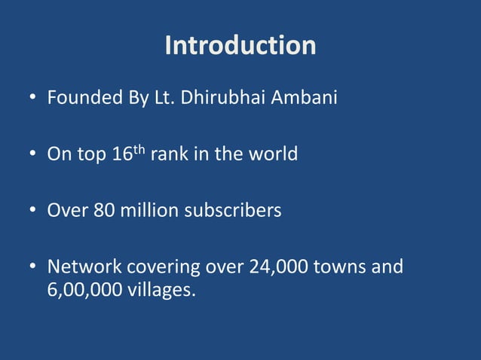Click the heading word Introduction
[x=240, y=45]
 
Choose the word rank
[x=170, y=155]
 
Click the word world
[x=274, y=155]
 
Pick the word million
[x=145, y=210]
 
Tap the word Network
[x=84, y=267]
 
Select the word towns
[x=343, y=267]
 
